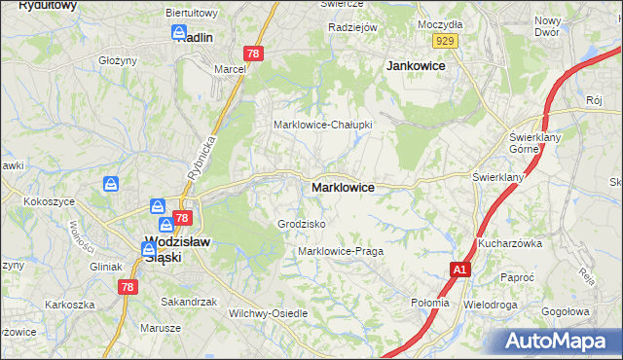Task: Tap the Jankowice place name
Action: coord(416,65)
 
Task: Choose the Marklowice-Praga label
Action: coord(341,251)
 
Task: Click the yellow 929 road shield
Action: coord(447,40)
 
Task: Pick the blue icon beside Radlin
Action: coord(180,33)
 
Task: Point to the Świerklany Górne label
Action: coord(531,143)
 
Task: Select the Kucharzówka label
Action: coord(509,243)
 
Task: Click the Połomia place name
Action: coord(430,303)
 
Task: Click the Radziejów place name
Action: coord(352,27)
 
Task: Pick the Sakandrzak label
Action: coord(189,302)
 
